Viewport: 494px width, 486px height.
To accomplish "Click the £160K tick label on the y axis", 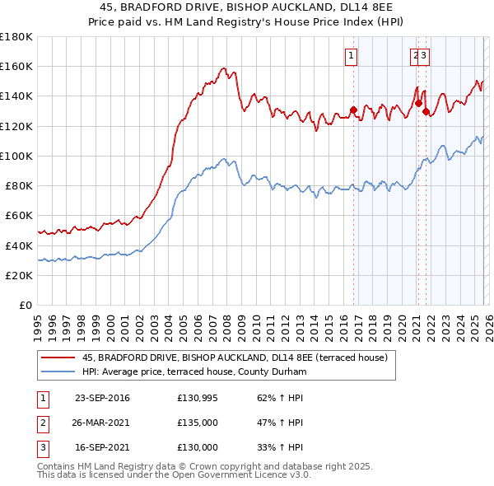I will click(16, 66).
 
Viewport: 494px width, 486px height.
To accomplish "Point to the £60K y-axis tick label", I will click(19, 216).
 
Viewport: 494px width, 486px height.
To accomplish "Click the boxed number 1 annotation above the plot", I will click(352, 56).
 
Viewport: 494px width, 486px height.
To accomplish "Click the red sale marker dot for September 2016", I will click(353, 110).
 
